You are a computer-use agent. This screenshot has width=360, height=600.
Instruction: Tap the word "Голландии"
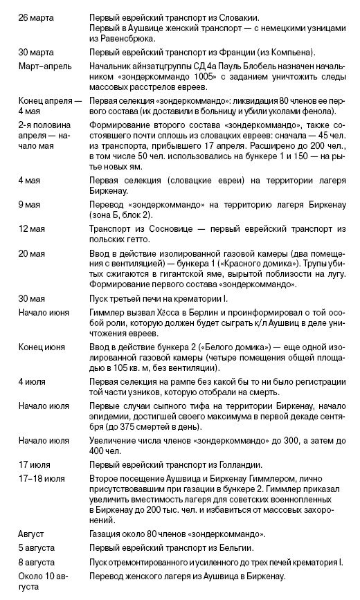pos(238,465)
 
